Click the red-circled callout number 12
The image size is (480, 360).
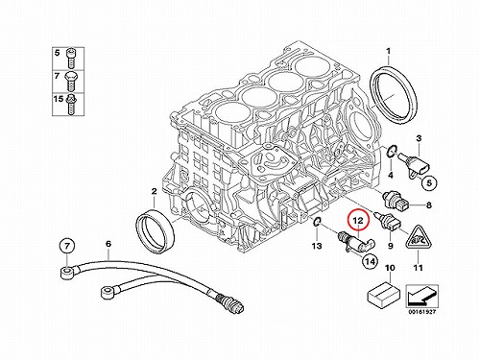(x=358, y=220)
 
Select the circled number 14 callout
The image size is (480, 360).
(x=370, y=261)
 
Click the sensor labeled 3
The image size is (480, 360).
(x=414, y=163)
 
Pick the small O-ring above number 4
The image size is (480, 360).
(x=392, y=151)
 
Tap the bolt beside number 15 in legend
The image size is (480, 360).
(x=70, y=103)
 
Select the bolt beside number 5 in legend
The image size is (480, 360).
(x=71, y=58)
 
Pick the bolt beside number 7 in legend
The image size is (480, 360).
(x=71, y=81)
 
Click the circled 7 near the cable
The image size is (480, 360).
(x=67, y=247)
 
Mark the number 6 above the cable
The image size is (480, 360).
(x=108, y=244)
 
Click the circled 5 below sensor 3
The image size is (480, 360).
(x=429, y=182)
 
